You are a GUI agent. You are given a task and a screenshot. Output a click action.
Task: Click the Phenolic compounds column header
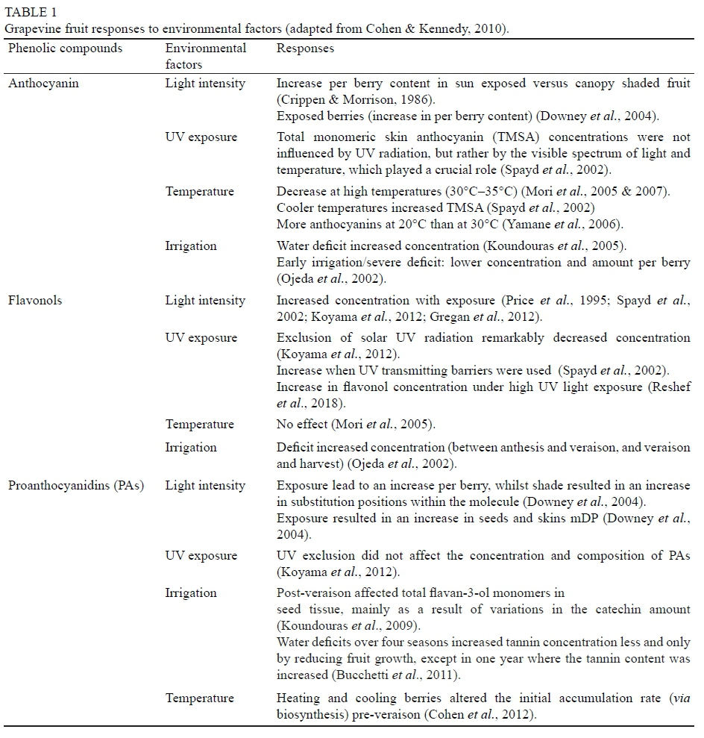pyautogui.click(x=65, y=49)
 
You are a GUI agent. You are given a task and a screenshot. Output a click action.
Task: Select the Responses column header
pyautogui.click(x=305, y=49)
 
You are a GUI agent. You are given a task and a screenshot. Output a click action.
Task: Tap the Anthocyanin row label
pyautogui.click(x=43, y=84)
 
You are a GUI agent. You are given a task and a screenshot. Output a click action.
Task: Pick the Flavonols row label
pyautogui.click(x=35, y=301)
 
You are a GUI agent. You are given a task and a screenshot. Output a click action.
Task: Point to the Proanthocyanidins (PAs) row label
pyautogui.click(x=76, y=486)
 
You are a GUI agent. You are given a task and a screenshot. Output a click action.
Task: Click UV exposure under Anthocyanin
pyautogui.click(x=201, y=137)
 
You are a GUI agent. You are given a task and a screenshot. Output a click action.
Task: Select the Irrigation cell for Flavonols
pyautogui.click(x=191, y=448)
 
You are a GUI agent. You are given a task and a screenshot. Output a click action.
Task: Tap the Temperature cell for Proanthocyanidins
pyautogui.click(x=200, y=698)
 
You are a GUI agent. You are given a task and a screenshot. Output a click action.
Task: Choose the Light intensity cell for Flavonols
pyautogui.click(x=205, y=301)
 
